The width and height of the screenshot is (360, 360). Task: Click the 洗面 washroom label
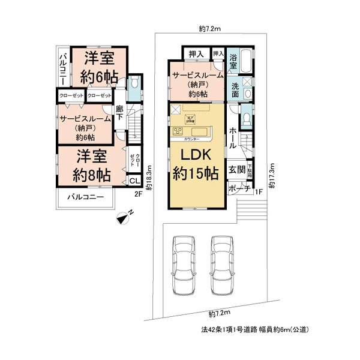point(235,89)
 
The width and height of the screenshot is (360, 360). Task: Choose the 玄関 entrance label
point(236,170)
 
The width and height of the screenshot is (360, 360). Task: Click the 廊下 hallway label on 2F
point(119,113)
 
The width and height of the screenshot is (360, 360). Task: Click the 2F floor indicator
point(137,193)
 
